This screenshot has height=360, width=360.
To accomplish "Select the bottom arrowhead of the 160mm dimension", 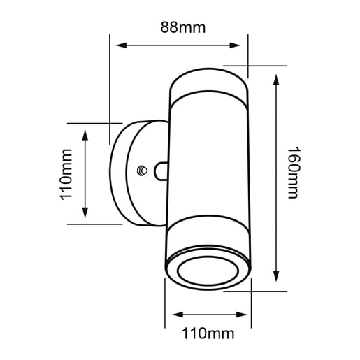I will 278,276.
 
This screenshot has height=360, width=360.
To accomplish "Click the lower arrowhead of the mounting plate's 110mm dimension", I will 86,215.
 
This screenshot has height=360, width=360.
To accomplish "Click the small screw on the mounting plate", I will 141,169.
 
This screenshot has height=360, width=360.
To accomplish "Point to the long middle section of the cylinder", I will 208,161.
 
